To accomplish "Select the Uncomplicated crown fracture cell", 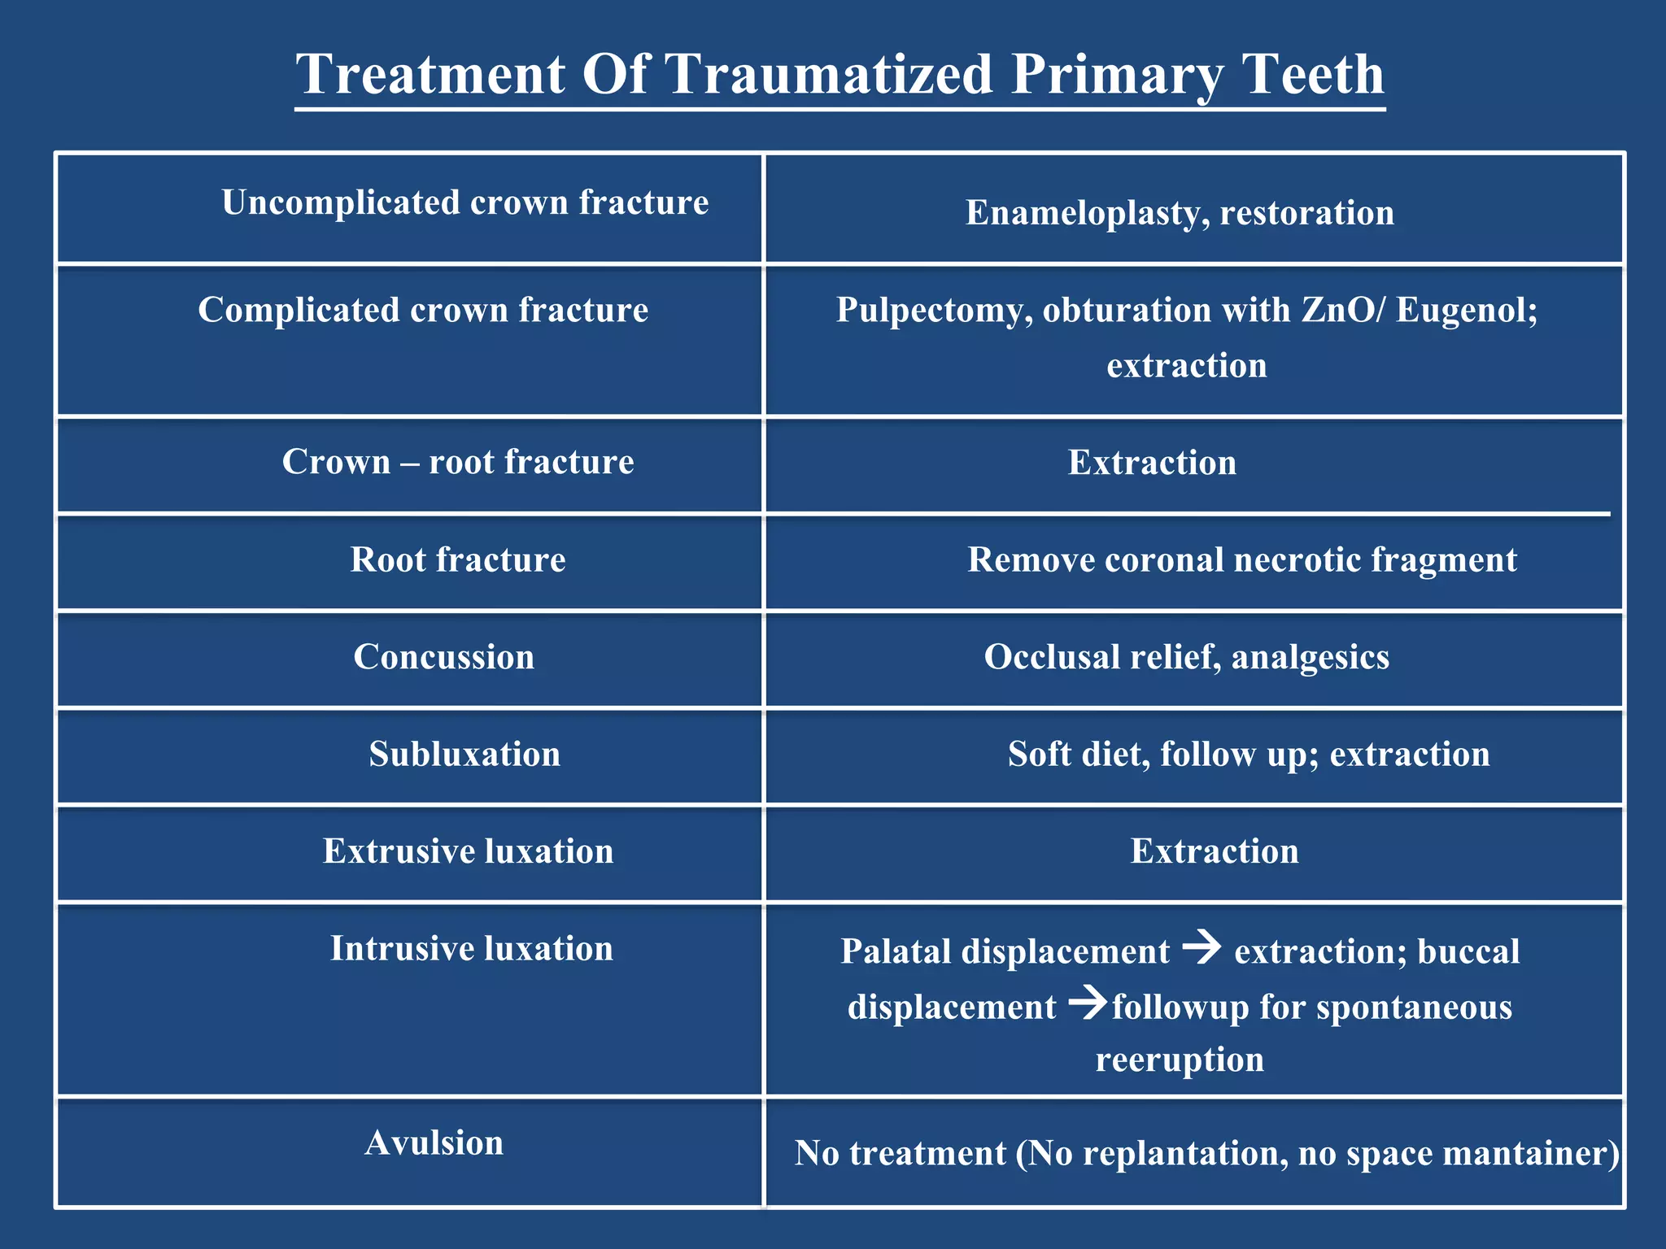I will coord(464,202).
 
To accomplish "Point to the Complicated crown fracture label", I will coord(423,310).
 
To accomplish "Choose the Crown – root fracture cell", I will coord(458,462).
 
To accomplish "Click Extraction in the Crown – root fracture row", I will coord(1152,463).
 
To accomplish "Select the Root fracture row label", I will coord(458,559).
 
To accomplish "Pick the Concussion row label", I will coord(444,657).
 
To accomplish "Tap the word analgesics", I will coord(1310,657).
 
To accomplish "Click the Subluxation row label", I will coord(464,754).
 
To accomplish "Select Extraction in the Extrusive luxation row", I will coord(1215,851).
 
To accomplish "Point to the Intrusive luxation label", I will coord(471,948).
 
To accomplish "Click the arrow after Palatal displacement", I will coord(1202,947).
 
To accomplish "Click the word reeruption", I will coord(1180,1060).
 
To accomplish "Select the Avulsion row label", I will coord(434,1142).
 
